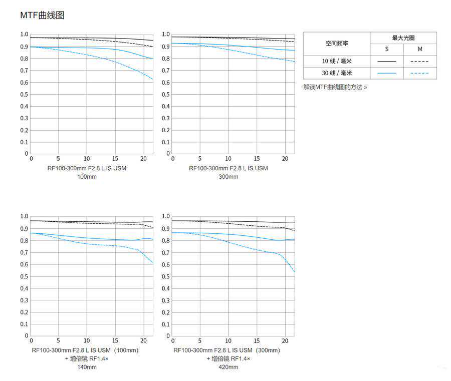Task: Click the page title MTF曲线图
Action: click(42, 16)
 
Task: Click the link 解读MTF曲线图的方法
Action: click(335, 87)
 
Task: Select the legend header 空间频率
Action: click(336, 44)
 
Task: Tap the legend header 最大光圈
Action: click(403, 38)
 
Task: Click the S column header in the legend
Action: click(386, 50)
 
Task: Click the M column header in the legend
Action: click(420, 50)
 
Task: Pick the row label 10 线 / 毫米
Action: click(336, 61)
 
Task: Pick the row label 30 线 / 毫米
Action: click(336, 73)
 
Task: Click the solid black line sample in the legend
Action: click(386, 61)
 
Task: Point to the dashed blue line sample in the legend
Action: click(420, 73)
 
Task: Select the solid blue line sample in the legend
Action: click(386, 73)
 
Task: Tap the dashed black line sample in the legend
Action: click(420, 61)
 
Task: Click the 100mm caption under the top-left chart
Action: click(87, 177)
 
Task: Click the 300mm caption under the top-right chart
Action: click(229, 177)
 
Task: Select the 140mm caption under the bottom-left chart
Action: click(87, 367)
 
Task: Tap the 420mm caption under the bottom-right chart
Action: click(229, 367)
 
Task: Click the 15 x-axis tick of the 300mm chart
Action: click(257, 158)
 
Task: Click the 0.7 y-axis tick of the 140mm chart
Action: click(25, 252)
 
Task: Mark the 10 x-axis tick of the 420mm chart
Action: click(229, 340)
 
